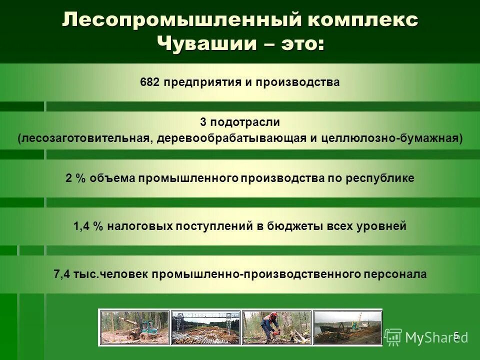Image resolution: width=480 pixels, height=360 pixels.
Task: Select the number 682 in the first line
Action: (x=150, y=82)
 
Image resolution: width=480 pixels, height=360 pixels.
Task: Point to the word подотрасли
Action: (x=244, y=122)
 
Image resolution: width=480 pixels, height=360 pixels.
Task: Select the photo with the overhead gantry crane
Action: (x=205, y=327)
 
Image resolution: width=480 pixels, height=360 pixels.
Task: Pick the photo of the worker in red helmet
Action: (x=276, y=327)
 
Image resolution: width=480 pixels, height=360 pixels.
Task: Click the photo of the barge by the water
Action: (x=347, y=327)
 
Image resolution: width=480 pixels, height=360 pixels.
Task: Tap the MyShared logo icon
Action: (x=393, y=337)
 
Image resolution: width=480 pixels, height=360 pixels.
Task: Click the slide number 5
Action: (x=456, y=335)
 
